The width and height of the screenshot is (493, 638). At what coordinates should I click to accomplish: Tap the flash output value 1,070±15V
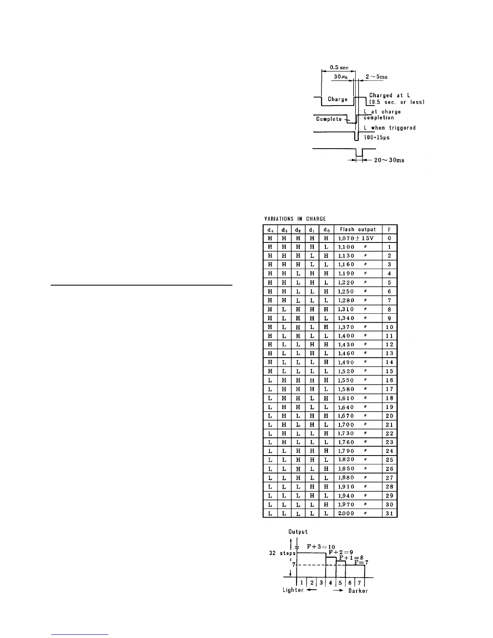coord(356,238)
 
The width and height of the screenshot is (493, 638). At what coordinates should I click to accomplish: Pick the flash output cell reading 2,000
coord(346,514)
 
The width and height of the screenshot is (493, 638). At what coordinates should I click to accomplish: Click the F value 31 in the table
coord(389,514)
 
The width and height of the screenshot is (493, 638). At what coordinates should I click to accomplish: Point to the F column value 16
coord(389,380)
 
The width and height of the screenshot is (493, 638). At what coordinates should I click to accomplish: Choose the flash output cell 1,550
coord(346,380)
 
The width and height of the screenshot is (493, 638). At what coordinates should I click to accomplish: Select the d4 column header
coord(270,230)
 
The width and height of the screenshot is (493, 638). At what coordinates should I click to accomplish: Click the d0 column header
coord(326,230)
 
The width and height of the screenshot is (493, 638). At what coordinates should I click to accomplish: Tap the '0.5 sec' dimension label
coord(339,67)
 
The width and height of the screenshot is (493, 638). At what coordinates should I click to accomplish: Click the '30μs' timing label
coord(341,77)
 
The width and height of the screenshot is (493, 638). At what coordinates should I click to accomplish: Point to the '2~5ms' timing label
coord(376,77)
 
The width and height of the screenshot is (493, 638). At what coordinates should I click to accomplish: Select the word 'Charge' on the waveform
coord(338,99)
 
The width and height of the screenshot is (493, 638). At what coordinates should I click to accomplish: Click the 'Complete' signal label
coord(329,119)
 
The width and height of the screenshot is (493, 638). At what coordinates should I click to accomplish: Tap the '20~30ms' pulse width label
coord(389,160)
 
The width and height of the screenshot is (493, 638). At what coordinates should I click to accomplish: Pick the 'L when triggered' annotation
coord(389,128)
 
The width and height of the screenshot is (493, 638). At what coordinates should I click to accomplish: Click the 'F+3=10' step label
coord(321,547)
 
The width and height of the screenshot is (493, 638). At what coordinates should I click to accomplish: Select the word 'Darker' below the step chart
coord(358,590)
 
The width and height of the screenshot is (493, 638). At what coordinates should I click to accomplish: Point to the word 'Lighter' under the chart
coord(293,590)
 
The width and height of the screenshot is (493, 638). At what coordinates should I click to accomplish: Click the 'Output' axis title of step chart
coord(298,532)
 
